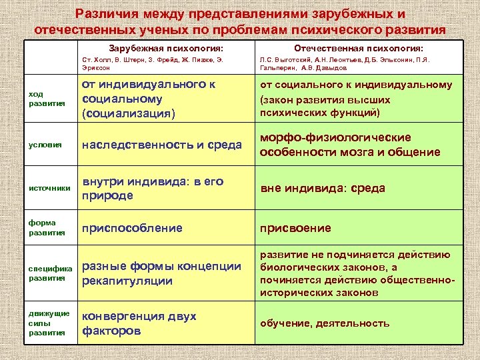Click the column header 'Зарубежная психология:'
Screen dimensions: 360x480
(166, 49)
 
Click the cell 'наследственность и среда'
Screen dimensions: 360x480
(161, 145)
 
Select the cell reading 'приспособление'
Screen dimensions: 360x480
(132, 228)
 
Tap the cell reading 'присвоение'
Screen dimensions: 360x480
(295, 228)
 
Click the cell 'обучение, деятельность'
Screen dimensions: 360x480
(325, 323)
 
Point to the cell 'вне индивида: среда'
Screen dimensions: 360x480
(323, 189)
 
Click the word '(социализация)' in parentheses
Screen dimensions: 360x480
(128, 113)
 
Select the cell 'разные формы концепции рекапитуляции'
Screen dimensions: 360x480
(161, 273)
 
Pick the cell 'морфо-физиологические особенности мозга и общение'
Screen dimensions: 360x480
(350, 145)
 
